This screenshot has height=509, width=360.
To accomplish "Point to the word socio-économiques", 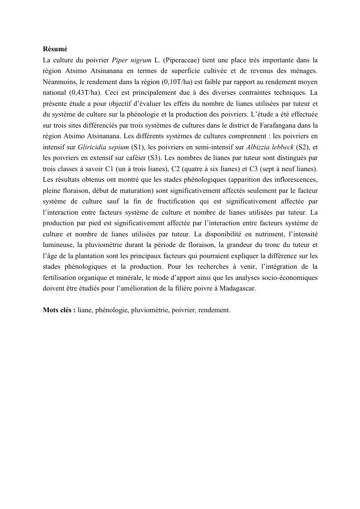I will pos(288,278).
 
